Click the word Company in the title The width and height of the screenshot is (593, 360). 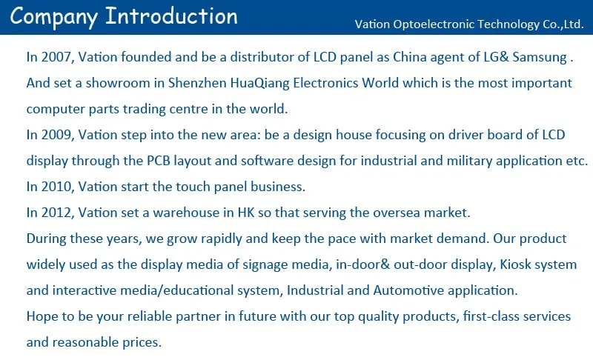(x=53, y=17)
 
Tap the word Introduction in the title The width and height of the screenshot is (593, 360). (x=171, y=16)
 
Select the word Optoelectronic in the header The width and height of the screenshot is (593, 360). (x=434, y=24)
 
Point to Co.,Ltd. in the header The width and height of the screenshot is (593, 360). (x=563, y=24)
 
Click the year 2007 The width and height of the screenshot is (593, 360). (x=58, y=57)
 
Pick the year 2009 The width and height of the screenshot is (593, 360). (x=58, y=135)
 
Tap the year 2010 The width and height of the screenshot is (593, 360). (x=58, y=187)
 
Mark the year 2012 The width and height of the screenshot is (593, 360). (x=58, y=213)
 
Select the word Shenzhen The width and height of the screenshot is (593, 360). (x=197, y=83)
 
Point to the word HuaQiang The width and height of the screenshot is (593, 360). (x=260, y=84)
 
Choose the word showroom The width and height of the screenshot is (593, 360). (x=118, y=83)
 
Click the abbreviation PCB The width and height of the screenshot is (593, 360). (x=159, y=161)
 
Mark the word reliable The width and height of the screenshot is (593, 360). (x=150, y=316)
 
